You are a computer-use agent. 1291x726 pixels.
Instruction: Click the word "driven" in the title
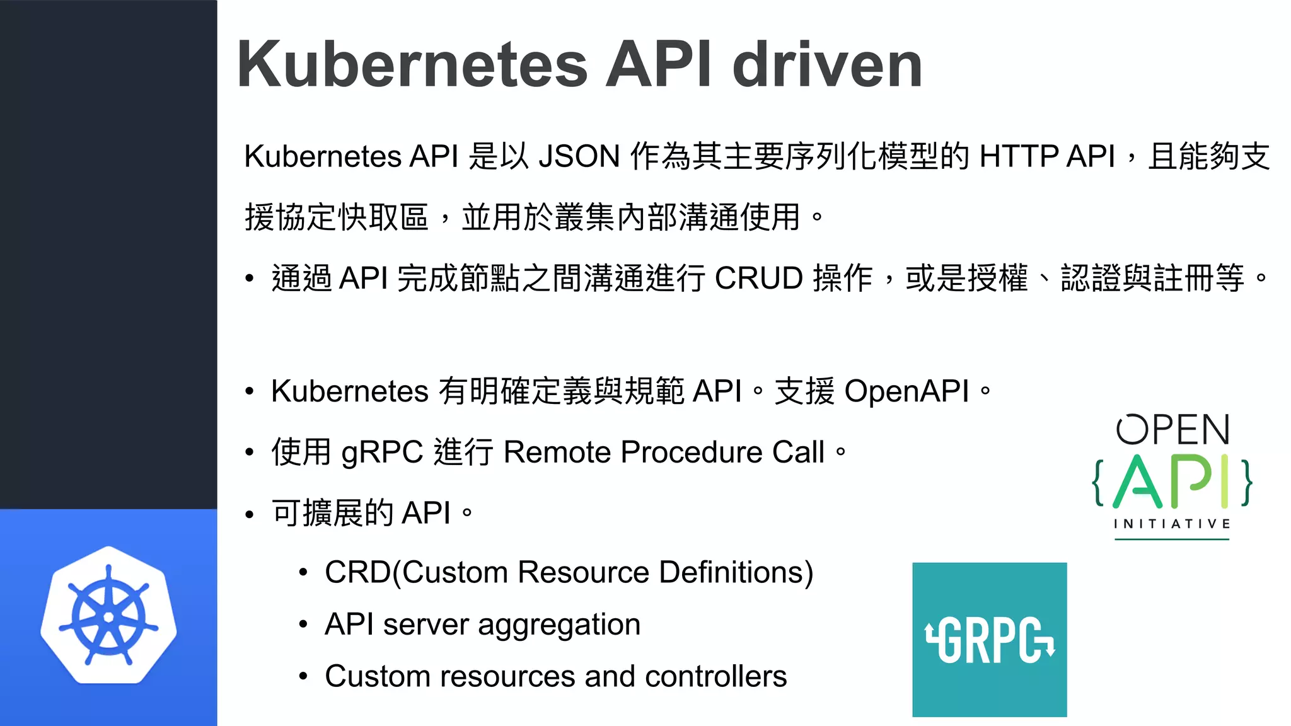pos(827,64)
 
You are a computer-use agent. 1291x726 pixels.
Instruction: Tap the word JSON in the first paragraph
pos(579,156)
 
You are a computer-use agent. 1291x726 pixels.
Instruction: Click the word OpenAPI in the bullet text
pos(906,391)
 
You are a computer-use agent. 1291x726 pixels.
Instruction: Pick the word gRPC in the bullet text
pos(382,452)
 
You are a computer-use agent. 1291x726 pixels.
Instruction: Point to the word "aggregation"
pos(559,625)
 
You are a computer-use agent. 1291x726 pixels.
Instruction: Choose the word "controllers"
pos(715,677)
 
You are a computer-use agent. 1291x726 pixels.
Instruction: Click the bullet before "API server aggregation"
pos(303,625)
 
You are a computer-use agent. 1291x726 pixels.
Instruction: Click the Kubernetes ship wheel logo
pos(108,616)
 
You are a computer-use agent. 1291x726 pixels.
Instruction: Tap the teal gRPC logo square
pos(989,640)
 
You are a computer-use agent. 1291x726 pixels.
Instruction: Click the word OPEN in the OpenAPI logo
pos(1172,430)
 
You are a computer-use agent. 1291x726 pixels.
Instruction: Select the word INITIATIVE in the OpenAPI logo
pos(1172,524)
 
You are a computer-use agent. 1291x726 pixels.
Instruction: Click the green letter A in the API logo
pos(1138,482)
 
